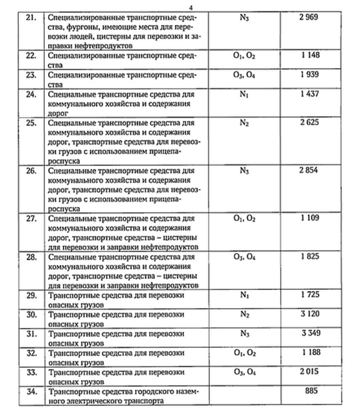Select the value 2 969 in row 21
[x=309, y=18]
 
